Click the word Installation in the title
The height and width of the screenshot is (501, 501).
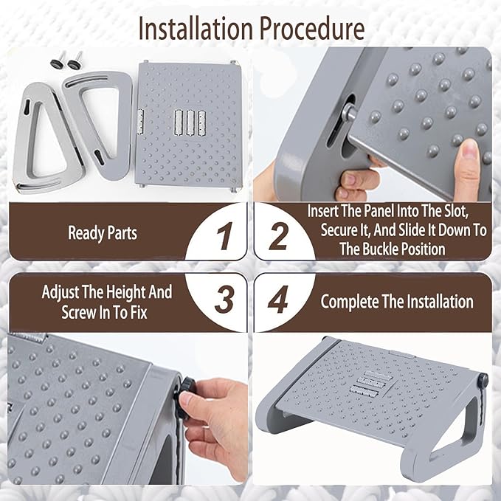point(196,29)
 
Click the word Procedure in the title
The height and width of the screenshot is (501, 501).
point(312,29)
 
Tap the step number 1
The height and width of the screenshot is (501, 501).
point(224,236)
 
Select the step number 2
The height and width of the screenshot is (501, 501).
point(278,236)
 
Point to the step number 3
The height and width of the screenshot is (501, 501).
point(224,300)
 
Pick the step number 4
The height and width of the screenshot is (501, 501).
point(278,300)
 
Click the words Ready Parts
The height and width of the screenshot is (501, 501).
point(103,233)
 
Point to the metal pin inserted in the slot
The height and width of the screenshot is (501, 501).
point(348,112)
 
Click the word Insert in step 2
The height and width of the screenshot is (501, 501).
point(322,211)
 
